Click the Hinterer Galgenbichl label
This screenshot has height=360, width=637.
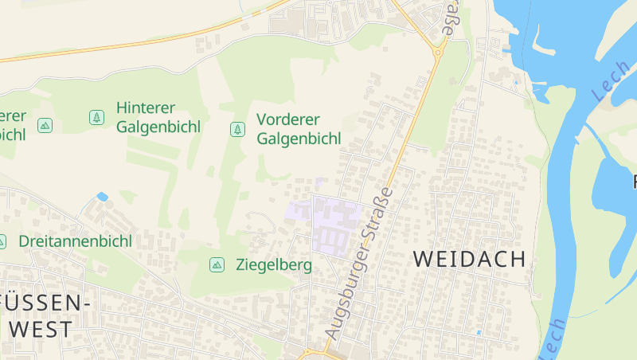pos(158,116)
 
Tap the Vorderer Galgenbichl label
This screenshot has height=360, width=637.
pos(299,129)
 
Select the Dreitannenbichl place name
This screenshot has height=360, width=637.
pos(75,241)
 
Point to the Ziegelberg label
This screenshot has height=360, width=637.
pos(274,264)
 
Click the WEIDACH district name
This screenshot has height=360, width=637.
pos(470,259)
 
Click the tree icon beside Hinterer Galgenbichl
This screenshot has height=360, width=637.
pos(96,117)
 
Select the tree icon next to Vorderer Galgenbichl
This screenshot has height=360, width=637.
pos(236,128)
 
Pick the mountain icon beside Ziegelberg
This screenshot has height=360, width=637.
pos(216,264)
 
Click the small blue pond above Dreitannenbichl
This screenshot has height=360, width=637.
pos(102,196)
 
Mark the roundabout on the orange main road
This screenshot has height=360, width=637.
pos(437,53)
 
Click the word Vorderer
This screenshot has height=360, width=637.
pos(287,119)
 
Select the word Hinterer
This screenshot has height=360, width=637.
pos(145,108)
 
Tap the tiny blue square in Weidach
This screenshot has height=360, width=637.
pos(479,332)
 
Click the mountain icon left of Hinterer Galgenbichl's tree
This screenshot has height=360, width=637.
pos(45,125)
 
